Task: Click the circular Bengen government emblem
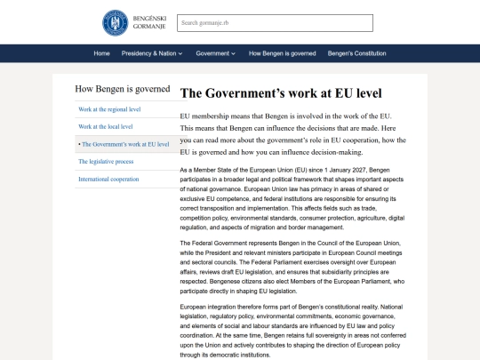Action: click(x=115, y=22)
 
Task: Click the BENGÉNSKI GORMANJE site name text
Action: click(x=148, y=22)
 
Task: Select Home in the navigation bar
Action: click(x=102, y=53)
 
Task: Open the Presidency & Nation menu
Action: click(x=152, y=53)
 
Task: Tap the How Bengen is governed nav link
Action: click(x=282, y=53)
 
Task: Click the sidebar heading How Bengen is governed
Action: click(x=123, y=90)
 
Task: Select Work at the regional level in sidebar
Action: click(x=109, y=109)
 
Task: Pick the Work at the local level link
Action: click(x=104, y=126)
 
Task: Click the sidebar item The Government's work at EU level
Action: click(x=124, y=143)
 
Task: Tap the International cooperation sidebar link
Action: click(x=108, y=179)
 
